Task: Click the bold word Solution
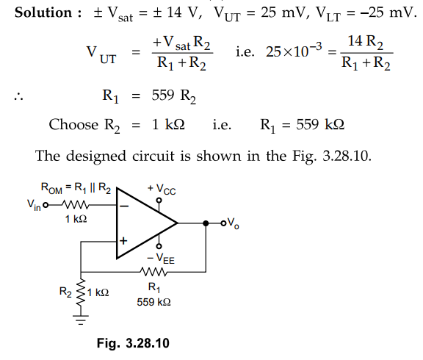click(43, 12)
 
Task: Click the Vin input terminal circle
click(46, 205)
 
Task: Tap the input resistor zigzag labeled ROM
click(76, 205)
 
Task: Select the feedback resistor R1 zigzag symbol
click(153, 272)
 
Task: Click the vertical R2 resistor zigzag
click(81, 293)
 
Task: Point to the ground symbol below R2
click(81, 320)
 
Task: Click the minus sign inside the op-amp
click(124, 206)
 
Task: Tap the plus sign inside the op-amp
click(123, 240)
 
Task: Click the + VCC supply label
click(162, 189)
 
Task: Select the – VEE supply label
click(161, 259)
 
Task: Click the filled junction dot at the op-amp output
click(206, 223)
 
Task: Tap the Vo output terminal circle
click(223, 223)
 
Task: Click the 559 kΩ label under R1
click(153, 302)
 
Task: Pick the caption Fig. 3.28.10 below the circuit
click(133, 343)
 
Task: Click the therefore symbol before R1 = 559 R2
click(18, 96)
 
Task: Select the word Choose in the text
click(73, 125)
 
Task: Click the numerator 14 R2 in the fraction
click(366, 42)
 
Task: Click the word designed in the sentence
click(96, 156)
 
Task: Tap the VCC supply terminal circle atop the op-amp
click(159, 201)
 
